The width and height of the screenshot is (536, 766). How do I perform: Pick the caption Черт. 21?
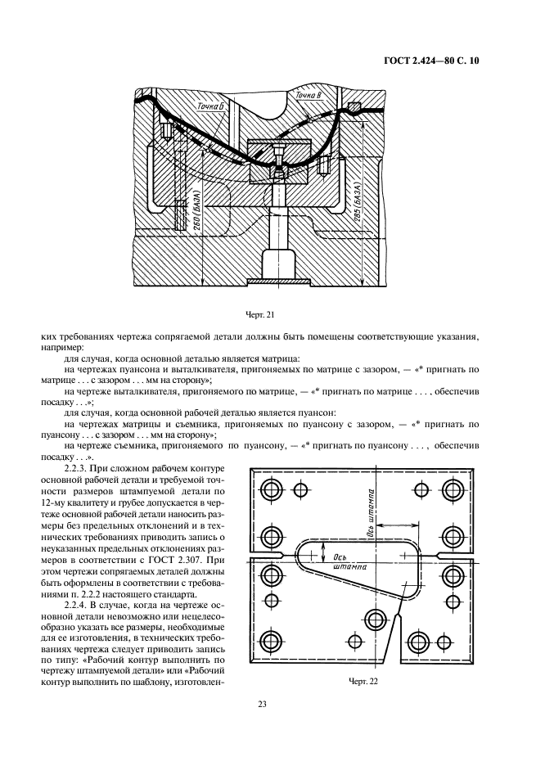coord(259,315)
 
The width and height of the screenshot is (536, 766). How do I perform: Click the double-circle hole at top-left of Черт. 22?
coord(271,489)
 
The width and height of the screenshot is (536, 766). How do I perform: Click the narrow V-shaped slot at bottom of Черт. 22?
coord(391,642)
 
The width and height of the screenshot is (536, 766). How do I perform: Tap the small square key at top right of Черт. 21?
coord(354,106)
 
